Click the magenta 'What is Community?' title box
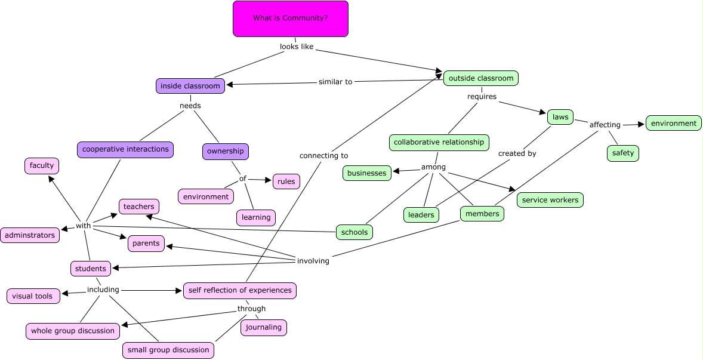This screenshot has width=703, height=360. tap(290, 19)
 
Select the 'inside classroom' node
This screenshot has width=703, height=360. tap(190, 86)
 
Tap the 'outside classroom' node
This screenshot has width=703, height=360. tap(480, 78)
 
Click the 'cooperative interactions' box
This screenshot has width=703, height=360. tap(125, 149)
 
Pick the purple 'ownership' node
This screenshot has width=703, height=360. tap(225, 152)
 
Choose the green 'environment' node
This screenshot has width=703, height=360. tap(673, 124)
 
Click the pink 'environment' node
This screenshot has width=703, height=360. tap(206, 196)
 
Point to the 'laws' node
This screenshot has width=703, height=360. tap(560, 117)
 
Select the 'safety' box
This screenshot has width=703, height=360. tap(623, 153)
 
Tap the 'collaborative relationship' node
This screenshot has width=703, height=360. tap(439, 143)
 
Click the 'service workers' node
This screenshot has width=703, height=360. tap(550, 200)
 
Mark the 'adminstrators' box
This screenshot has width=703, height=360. tap(30, 235)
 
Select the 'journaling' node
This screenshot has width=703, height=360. tap(264, 327)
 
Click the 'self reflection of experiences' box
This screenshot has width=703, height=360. tap(240, 290)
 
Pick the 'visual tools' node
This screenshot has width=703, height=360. tap(33, 296)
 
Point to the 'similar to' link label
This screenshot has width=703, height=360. tap(335, 82)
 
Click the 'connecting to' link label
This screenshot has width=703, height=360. tap(323, 156)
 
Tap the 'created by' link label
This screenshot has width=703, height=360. tap(517, 153)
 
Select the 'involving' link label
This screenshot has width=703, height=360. tap(313, 261)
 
